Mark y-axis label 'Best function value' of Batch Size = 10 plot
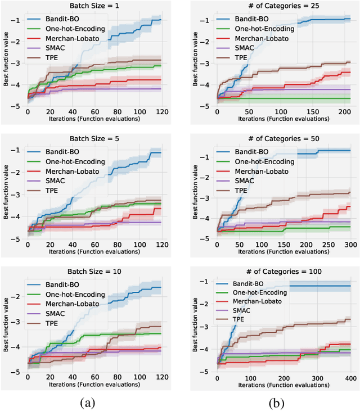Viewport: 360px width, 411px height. (x=6, y=326)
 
